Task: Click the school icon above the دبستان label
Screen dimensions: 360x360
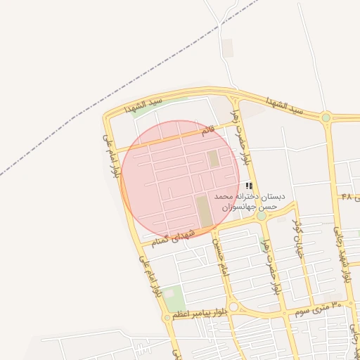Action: click(250, 186)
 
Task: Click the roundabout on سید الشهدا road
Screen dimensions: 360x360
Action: click(326, 117)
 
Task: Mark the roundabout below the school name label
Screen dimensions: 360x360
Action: click(262, 216)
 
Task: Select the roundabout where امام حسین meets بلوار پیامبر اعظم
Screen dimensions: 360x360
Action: click(233, 307)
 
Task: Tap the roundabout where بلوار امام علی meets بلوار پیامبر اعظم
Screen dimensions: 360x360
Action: click(167, 318)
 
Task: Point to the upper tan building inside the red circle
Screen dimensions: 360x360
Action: click(213, 159)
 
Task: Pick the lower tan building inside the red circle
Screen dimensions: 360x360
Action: click(203, 212)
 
